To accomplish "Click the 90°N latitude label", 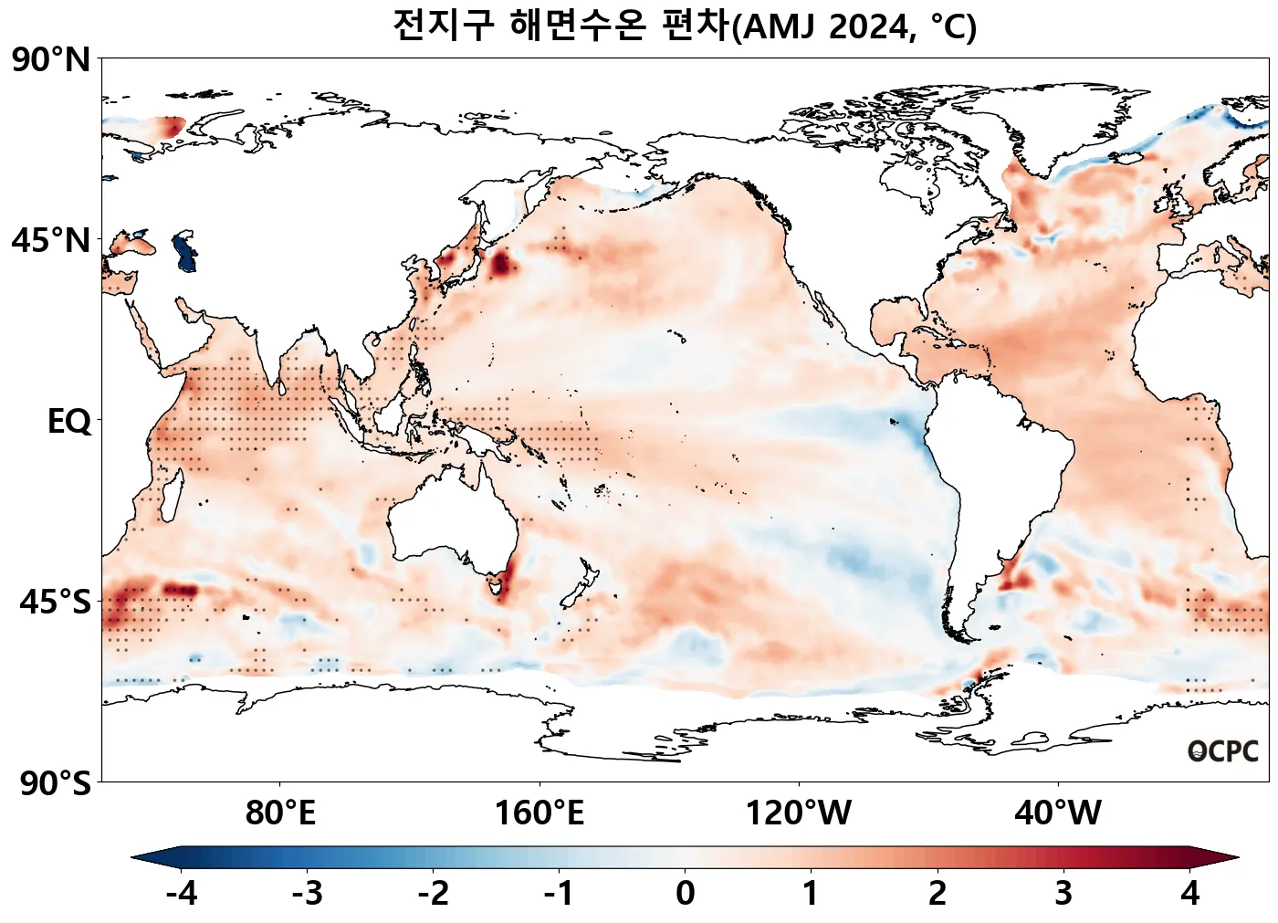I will pyautogui.click(x=51, y=60).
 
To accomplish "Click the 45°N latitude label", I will pyautogui.click(x=51, y=241).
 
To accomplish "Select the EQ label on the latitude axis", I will pyautogui.click(x=69, y=422).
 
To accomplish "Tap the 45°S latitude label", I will pyautogui.click(x=55, y=603).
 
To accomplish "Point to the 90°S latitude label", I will pyautogui.click(x=55, y=783).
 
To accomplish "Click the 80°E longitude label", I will pyautogui.click(x=280, y=813).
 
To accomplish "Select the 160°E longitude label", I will pyautogui.click(x=539, y=813).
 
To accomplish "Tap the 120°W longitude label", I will pyautogui.click(x=799, y=813).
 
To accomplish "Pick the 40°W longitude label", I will pyautogui.click(x=1058, y=813).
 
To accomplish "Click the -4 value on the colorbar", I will pyautogui.click(x=182, y=893).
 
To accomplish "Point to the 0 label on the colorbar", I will pyautogui.click(x=685, y=893).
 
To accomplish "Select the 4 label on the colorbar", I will pyautogui.click(x=1189, y=893).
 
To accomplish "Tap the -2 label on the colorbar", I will pyautogui.click(x=434, y=893).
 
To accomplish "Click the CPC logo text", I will pyautogui.click(x=1223, y=751).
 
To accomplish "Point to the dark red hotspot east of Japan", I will pyautogui.click(x=500, y=265).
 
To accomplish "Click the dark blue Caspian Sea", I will pyautogui.click(x=185, y=251).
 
